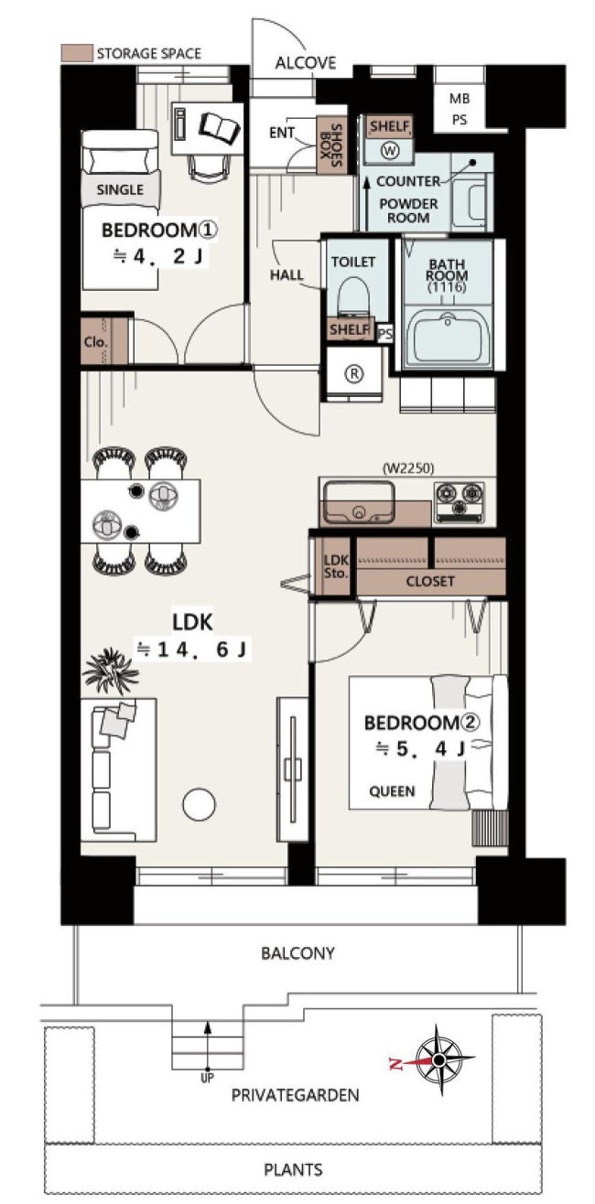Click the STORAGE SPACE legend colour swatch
(x=78, y=53)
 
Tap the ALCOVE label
(x=306, y=63)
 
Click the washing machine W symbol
(x=391, y=151)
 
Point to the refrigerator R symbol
(x=354, y=373)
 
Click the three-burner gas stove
(x=459, y=502)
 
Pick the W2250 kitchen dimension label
(x=407, y=468)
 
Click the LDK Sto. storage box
(x=335, y=566)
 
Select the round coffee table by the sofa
(x=199, y=804)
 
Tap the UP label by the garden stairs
(x=207, y=1078)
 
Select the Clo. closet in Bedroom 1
(x=106, y=340)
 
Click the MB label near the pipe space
(x=460, y=99)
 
